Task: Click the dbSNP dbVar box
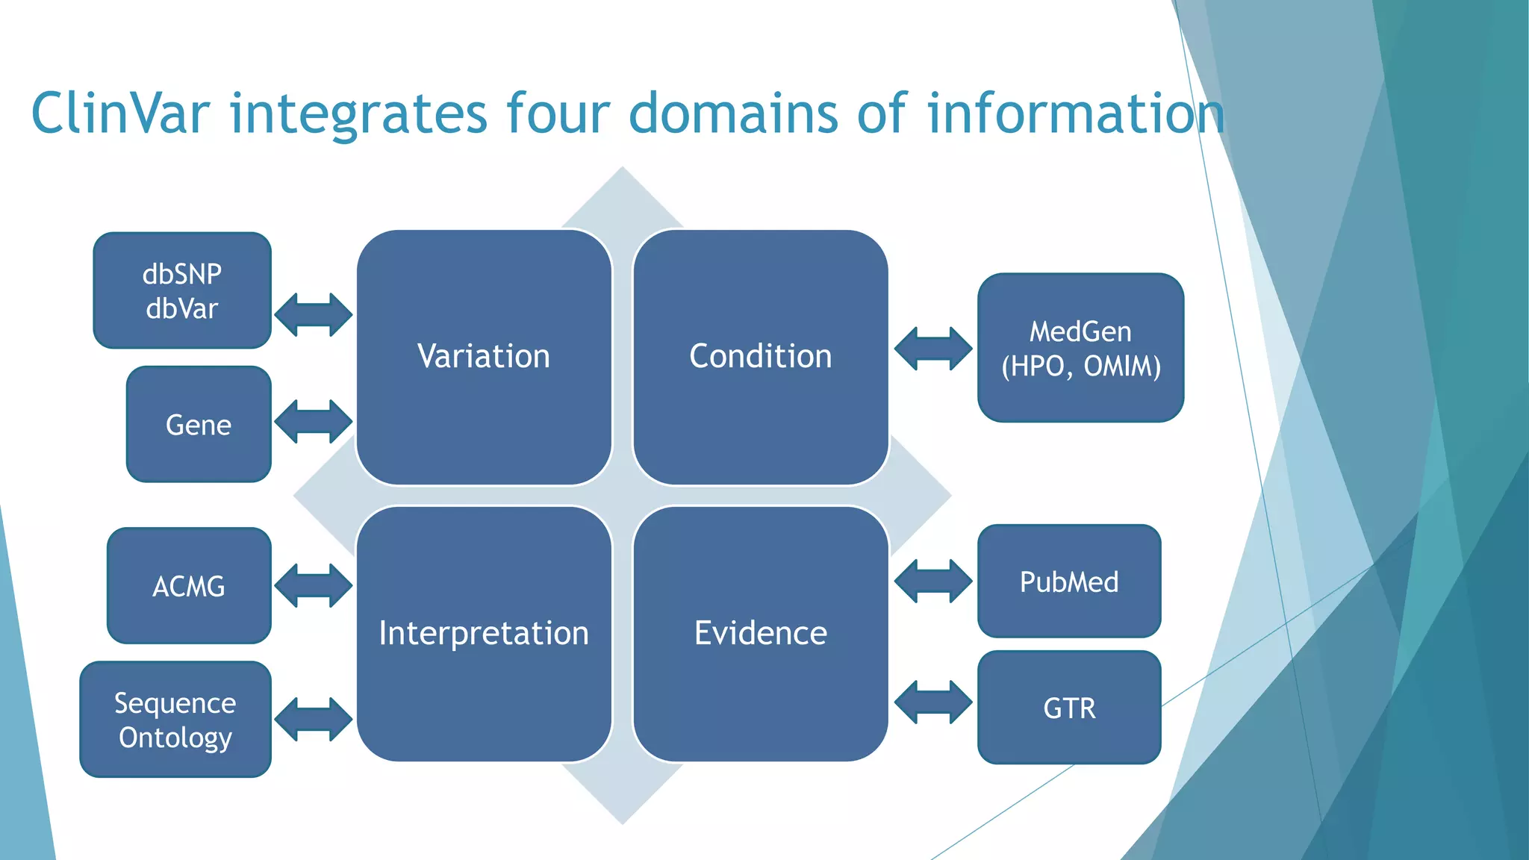pos(182,290)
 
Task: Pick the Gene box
pos(199,424)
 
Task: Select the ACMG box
pos(189,586)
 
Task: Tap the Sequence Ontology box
pos(175,720)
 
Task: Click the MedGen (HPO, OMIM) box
pos(1080,348)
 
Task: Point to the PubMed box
pos(1069,582)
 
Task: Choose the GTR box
pos(1069,708)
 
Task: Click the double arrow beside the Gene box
pos(314,422)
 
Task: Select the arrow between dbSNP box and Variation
pos(314,314)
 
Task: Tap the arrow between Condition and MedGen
pos(933,349)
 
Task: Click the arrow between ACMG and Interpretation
pos(314,585)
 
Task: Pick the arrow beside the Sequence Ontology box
pos(314,719)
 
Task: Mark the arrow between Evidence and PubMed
pos(933,581)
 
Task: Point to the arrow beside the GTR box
pos(933,702)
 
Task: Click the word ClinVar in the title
pos(120,113)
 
